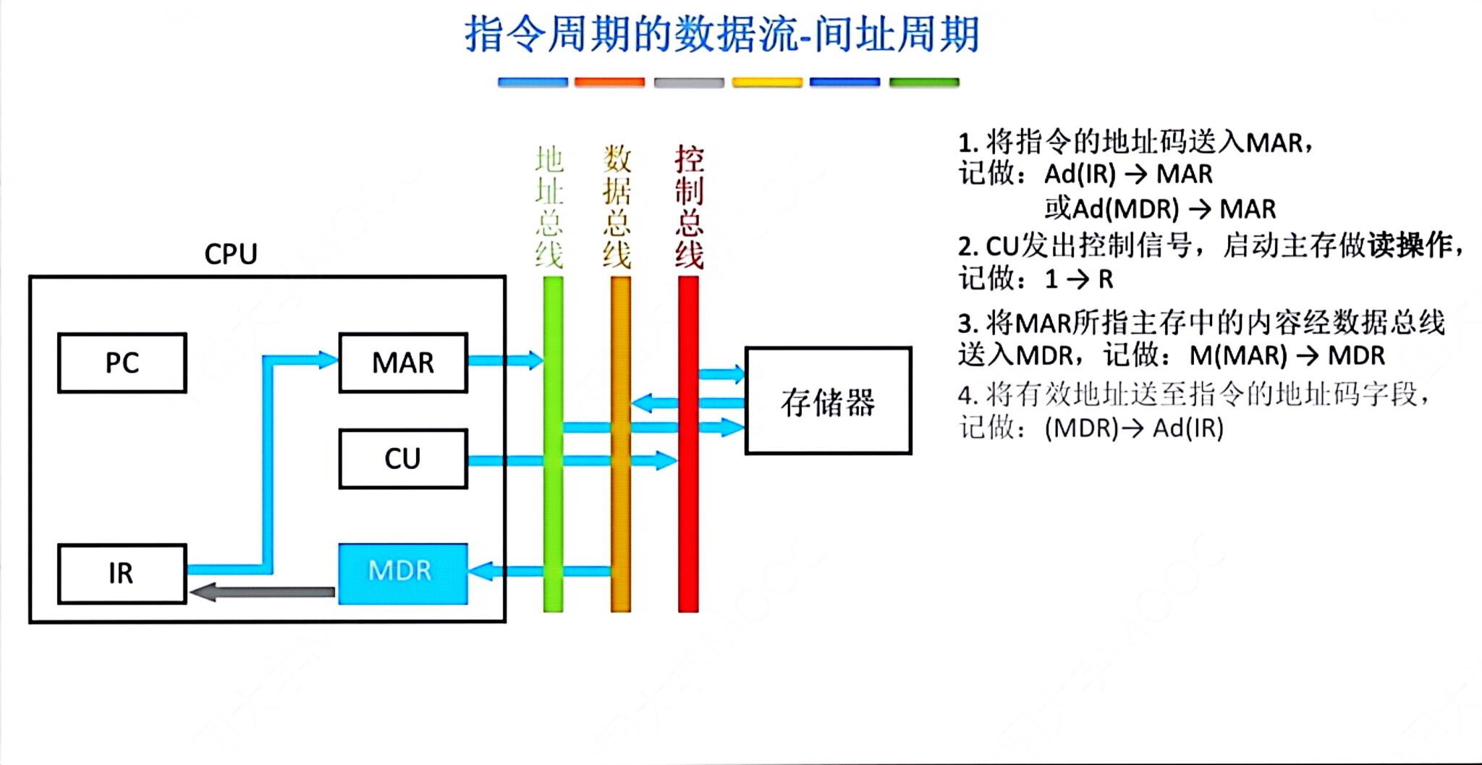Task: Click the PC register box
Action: (x=122, y=363)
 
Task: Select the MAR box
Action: (x=403, y=363)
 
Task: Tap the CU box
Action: (x=403, y=459)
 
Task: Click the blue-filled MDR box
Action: (x=403, y=573)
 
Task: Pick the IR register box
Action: (x=122, y=573)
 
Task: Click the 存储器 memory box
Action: (x=828, y=401)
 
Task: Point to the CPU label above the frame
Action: (x=230, y=254)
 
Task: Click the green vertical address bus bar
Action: (x=553, y=507)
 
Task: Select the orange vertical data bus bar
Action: (x=620, y=507)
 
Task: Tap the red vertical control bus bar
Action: (x=688, y=507)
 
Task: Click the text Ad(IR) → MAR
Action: (x=1128, y=174)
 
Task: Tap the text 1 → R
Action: (x=1078, y=279)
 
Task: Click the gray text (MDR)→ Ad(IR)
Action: (x=1134, y=428)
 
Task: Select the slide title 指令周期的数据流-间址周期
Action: (x=721, y=35)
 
